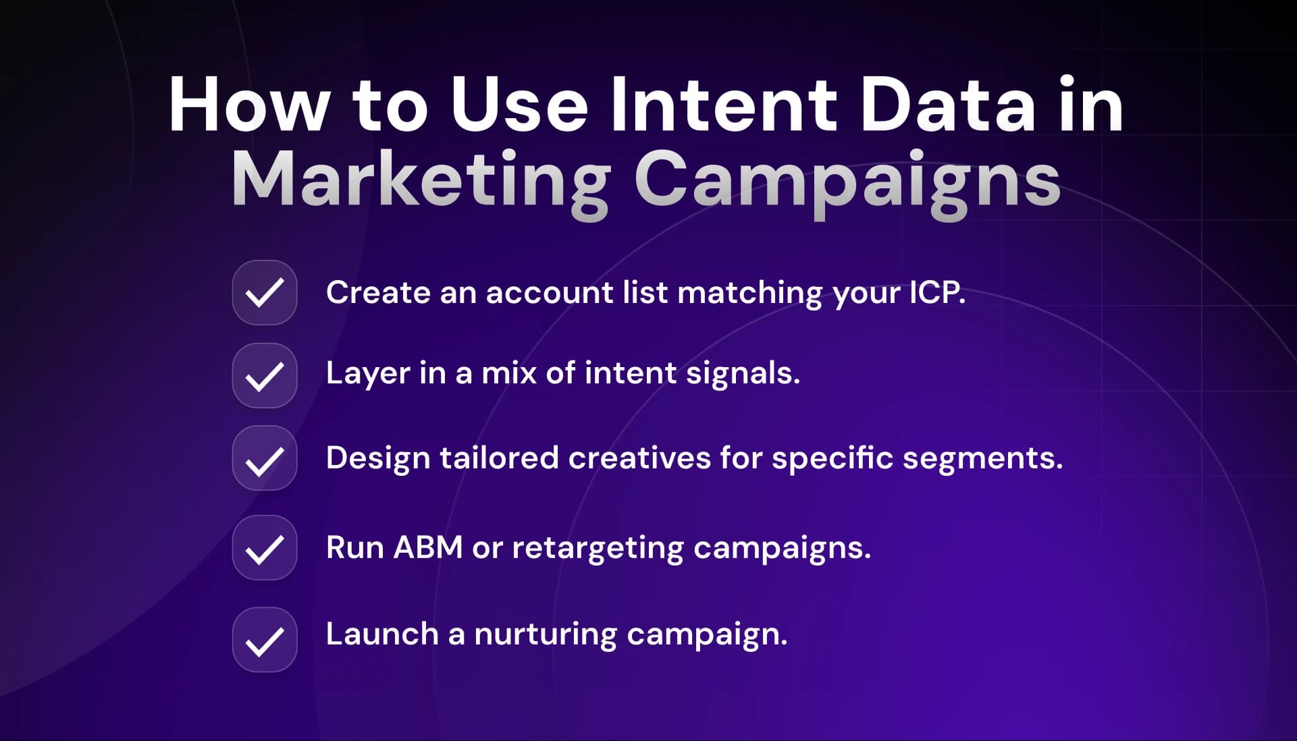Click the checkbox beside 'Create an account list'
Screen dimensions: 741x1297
pyautogui.click(x=265, y=293)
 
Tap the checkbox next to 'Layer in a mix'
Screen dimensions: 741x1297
pyautogui.click(x=265, y=376)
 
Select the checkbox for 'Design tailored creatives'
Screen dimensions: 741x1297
pyautogui.click(x=265, y=459)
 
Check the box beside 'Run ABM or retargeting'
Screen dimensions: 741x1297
pyautogui.click(x=265, y=548)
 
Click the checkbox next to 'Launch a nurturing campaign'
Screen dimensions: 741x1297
pyautogui.click(x=265, y=640)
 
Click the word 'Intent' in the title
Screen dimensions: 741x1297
pyautogui.click(x=724, y=106)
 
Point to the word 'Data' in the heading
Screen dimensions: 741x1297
pyautogui.click(x=947, y=106)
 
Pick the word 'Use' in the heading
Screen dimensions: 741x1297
pyautogui.click(x=519, y=106)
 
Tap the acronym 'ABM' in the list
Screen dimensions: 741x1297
pyautogui.click(x=428, y=547)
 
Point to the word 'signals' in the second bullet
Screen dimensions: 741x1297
pyautogui.click(x=742, y=373)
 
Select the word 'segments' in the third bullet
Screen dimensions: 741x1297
pyautogui.click(x=982, y=458)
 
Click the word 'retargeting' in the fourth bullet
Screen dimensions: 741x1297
pyautogui.click(x=598, y=548)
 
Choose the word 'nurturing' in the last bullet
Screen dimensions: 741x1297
pyautogui.click(x=546, y=634)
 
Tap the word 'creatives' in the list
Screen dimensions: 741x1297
pyautogui.click(x=639, y=458)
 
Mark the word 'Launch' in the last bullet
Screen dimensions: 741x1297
pyautogui.click(x=382, y=634)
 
